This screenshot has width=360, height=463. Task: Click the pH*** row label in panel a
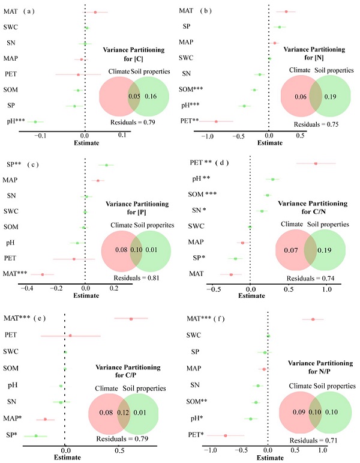pos(14,122)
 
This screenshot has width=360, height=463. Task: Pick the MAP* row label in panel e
pos(14,419)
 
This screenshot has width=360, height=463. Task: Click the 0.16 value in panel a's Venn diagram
pos(151,95)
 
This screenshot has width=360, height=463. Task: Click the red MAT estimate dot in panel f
pos(313,319)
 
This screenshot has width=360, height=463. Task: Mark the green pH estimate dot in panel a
pos(35,122)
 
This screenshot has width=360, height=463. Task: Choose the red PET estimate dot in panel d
pos(316,163)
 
